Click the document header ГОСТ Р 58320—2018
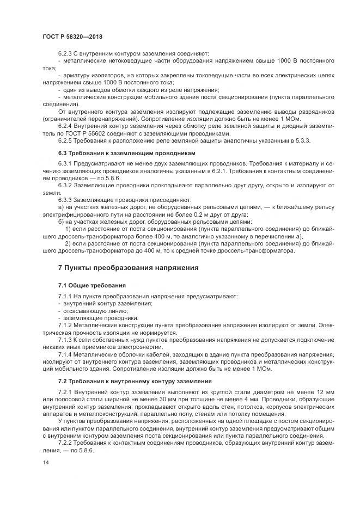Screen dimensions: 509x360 point(72,36)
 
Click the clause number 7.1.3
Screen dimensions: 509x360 point(65,340)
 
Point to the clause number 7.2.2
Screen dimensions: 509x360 point(65,444)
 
